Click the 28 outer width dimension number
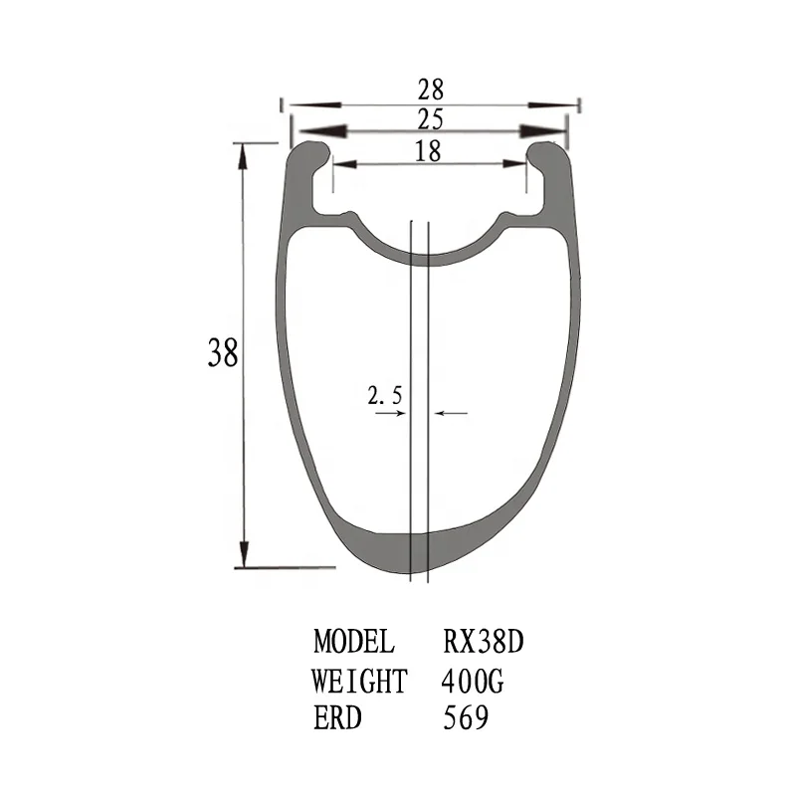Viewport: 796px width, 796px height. [x=430, y=91]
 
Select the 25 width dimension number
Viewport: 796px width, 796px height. [x=430, y=120]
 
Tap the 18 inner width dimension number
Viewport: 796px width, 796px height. [x=430, y=150]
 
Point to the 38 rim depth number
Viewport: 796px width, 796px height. [x=223, y=353]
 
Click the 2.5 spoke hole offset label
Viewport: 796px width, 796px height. [x=385, y=395]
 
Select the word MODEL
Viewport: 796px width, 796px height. [x=354, y=640]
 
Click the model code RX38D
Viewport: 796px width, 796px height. [x=483, y=640]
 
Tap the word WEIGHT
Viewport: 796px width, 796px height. [x=359, y=682]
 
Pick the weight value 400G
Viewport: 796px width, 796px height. [x=477, y=682]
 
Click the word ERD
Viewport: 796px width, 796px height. [x=338, y=718]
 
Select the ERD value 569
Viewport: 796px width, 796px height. [x=465, y=718]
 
